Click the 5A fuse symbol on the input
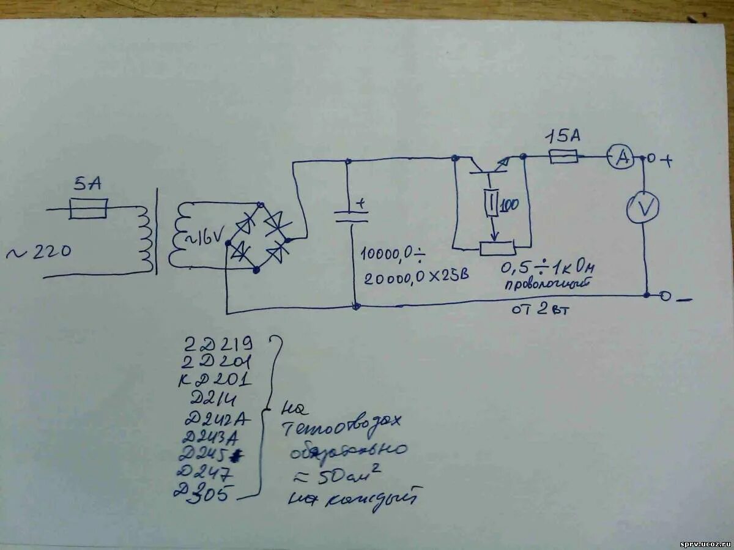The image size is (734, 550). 88,209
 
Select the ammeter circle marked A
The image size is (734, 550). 622,158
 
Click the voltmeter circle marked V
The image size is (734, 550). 643,208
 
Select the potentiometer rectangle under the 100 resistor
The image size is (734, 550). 497,248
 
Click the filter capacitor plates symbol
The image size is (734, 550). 351,216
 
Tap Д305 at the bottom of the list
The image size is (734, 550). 204,491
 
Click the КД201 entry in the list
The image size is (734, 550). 215,381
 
